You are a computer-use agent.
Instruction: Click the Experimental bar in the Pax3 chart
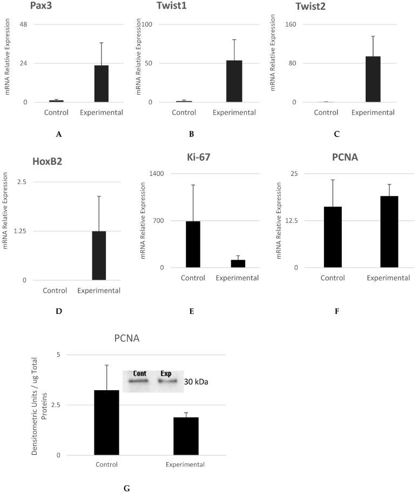(x=102, y=84)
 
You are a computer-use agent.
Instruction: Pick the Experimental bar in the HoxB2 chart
(x=99, y=255)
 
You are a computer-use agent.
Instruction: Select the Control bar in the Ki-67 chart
(x=193, y=245)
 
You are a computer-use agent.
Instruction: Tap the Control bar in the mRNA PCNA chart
(x=333, y=237)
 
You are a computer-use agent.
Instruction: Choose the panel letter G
(x=126, y=488)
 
